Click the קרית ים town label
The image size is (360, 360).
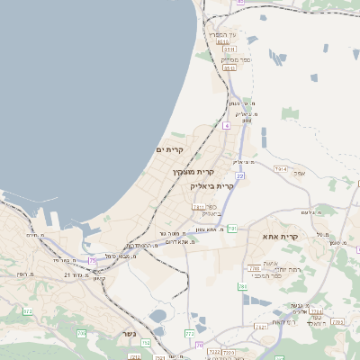[x=169, y=149]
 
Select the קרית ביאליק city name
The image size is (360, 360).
[x=213, y=185]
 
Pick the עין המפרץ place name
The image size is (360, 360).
[x=223, y=35]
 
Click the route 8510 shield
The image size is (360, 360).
[x=220, y=42]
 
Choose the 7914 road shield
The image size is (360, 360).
[x=281, y=168]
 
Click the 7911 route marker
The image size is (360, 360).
[x=198, y=207]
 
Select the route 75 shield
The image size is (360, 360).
[x=93, y=261]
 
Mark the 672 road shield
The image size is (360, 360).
[x=27, y=311]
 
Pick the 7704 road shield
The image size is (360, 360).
[x=311, y=308]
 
